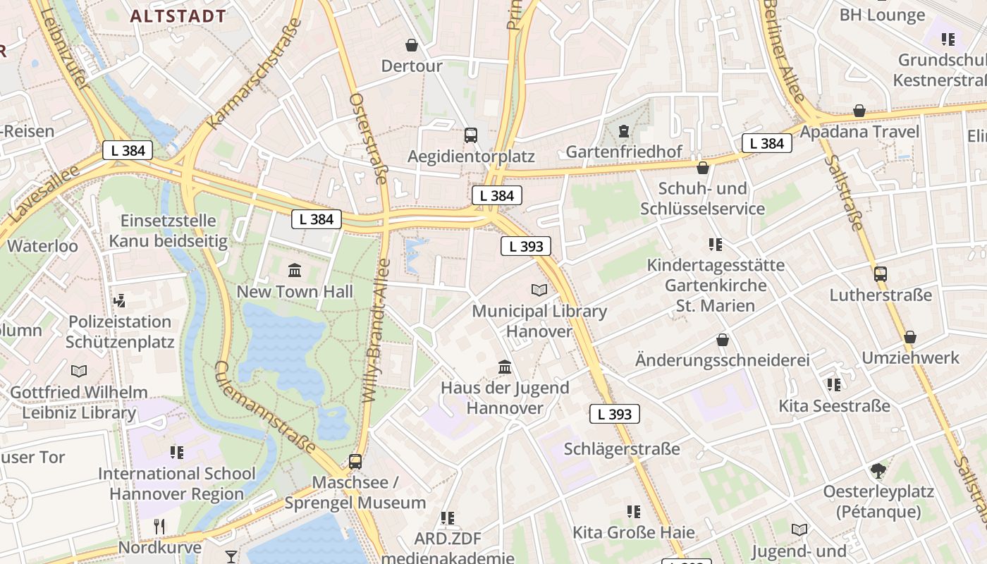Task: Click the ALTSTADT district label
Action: click(x=178, y=16)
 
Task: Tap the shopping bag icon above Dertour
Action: click(x=412, y=46)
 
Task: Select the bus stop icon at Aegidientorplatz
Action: click(x=470, y=135)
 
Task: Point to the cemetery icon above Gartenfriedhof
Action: click(x=623, y=131)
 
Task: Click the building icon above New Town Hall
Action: click(x=295, y=270)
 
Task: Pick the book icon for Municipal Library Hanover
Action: click(x=539, y=290)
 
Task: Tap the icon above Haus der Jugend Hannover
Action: click(x=505, y=367)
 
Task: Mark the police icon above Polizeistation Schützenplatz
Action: click(x=120, y=301)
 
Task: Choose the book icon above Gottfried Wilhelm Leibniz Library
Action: click(x=79, y=371)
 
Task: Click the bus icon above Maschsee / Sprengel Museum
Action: click(x=355, y=462)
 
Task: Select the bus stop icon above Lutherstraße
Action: click(x=881, y=274)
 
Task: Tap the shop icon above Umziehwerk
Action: click(x=910, y=337)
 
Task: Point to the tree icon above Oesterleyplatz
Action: click(x=878, y=470)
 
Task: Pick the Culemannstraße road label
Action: click(x=265, y=408)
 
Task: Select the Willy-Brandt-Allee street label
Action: click(x=376, y=331)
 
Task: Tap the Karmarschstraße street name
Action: click(x=255, y=74)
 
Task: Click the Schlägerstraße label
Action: click(x=622, y=449)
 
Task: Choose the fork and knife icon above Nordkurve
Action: click(x=159, y=526)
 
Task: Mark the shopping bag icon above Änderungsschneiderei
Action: click(x=723, y=341)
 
